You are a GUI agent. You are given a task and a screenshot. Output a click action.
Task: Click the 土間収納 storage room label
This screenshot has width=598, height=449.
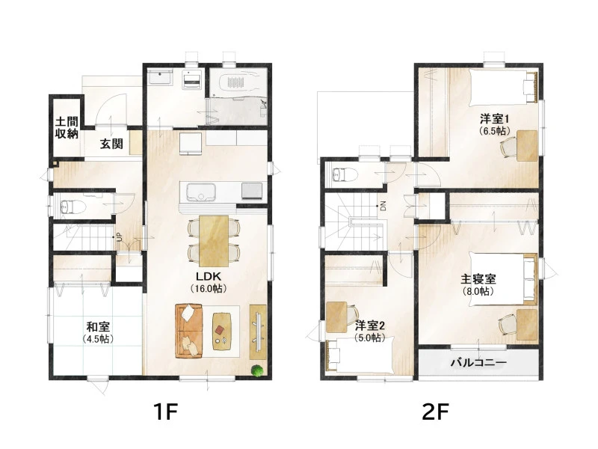67,128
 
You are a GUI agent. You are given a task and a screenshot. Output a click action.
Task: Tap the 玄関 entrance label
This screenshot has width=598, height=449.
111,144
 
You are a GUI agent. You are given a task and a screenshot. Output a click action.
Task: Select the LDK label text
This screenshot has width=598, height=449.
209,276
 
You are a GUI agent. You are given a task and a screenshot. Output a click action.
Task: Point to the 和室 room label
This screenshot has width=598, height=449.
98,327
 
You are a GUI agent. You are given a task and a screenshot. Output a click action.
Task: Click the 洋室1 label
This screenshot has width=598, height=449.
495,119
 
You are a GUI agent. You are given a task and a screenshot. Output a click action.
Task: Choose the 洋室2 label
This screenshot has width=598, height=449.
370,326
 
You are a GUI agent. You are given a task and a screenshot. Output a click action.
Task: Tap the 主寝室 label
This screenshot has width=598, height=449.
478,279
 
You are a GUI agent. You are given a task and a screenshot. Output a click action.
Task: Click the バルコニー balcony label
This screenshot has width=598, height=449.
478,362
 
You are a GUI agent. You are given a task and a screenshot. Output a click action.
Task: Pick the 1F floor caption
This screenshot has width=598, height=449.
166,412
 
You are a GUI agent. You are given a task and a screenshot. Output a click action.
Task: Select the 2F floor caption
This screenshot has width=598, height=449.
436,412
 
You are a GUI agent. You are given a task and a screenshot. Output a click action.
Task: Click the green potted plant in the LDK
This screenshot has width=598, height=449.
257,370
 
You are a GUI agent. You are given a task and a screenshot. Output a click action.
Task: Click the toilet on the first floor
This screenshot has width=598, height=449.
72,207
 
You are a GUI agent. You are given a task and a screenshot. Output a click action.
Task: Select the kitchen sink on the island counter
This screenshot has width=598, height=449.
200,191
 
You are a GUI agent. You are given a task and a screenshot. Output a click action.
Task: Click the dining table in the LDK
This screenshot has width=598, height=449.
214,241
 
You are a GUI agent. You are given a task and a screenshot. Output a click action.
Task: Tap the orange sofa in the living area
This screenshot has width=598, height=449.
188,331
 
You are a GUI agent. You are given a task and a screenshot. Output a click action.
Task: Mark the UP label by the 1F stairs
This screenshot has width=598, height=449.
119,236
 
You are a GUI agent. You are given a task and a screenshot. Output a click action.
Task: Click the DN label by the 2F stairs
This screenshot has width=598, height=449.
383,207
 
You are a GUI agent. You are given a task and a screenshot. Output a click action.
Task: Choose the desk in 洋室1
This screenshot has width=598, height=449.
527,145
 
